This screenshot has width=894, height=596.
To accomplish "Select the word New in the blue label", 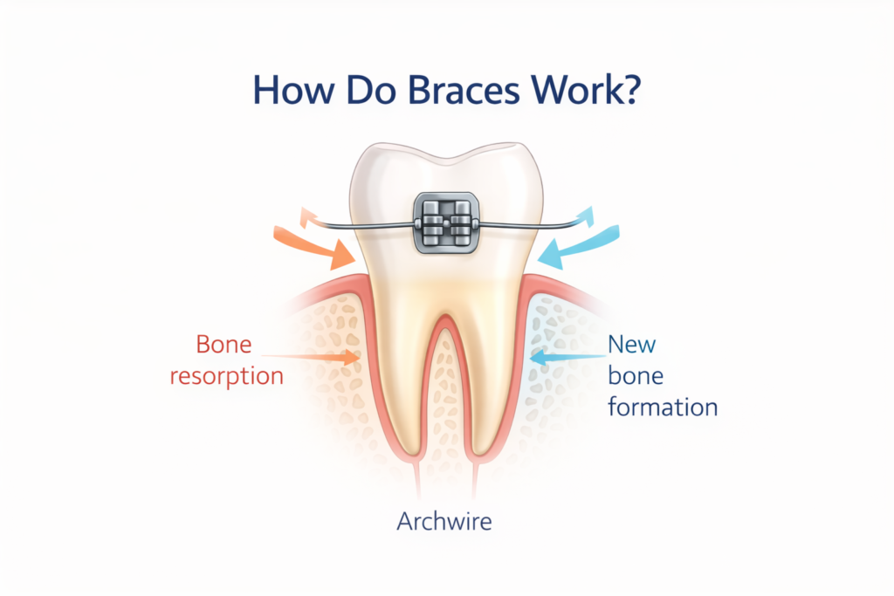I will point(631,344).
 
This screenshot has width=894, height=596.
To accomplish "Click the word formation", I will point(663,407).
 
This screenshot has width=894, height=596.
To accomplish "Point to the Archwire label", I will point(444,522).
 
